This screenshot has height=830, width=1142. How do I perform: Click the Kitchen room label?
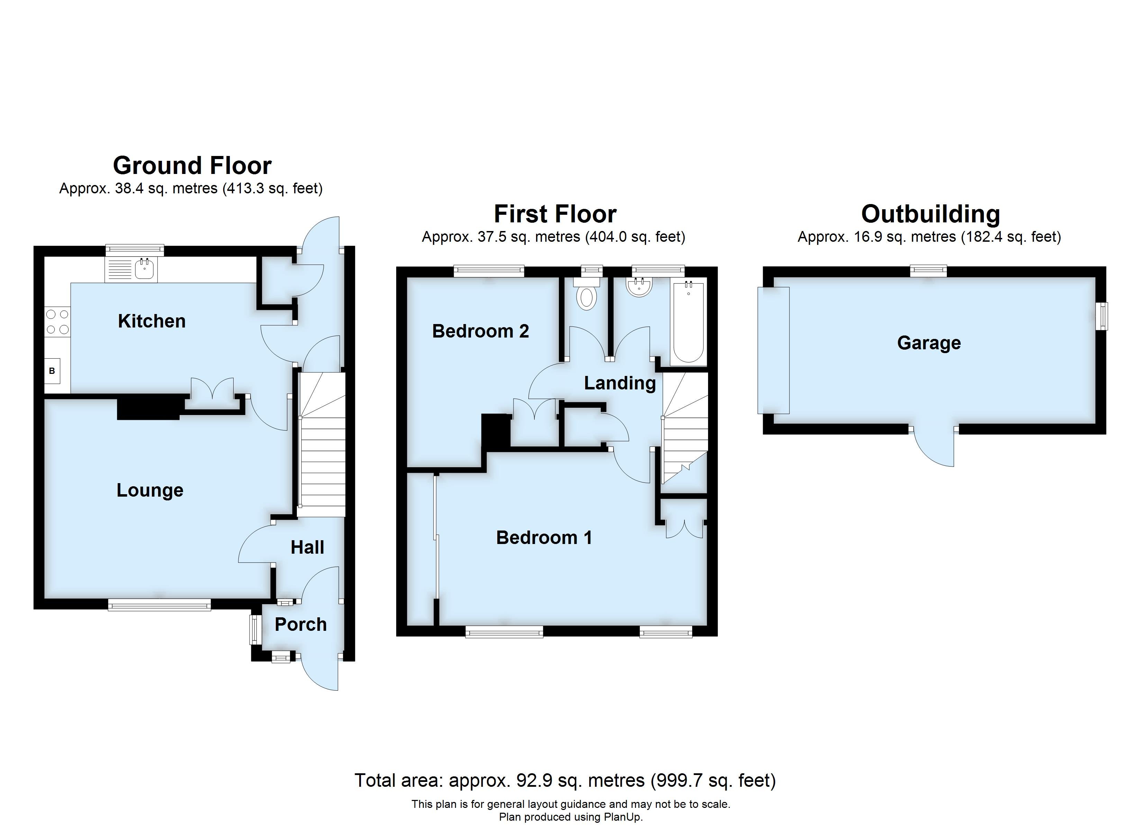pyautogui.click(x=152, y=321)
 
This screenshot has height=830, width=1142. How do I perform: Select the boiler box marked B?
pyautogui.click(x=52, y=371)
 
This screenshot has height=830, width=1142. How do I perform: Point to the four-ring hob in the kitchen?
pyautogui.click(x=57, y=322)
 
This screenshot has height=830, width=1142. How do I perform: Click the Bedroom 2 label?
pyautogui.click(x=480, y=331)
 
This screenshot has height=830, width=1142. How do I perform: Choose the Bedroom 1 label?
pyautogui.click(x=544, y=537)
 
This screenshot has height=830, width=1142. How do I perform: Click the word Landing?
pyautogui.click(x=620, y=384)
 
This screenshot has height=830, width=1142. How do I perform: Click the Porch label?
pyautogui.click(x=301, y=625)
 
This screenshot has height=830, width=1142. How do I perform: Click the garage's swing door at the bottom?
pyautogui.click(x=935, y=448)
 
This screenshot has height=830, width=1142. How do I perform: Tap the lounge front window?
pyautogui.click(x=159, y=605)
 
